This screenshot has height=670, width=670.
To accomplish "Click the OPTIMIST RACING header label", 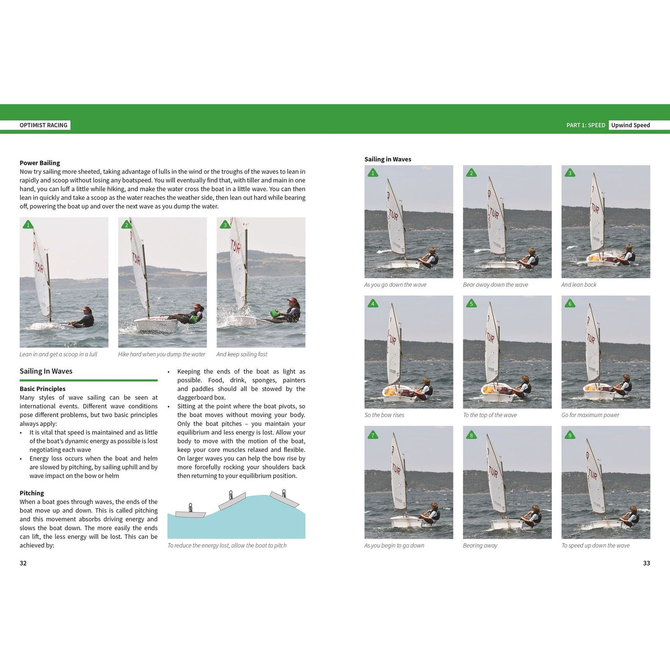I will coord(44,125).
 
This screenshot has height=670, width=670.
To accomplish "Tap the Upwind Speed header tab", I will coord(630,125).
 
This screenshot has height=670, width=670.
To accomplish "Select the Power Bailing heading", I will coord(40,163).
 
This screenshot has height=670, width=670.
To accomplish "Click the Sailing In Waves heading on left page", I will coord(46,371).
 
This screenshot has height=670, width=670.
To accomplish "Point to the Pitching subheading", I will coord(31,493).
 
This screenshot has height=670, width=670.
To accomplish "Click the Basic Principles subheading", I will coord(42,389).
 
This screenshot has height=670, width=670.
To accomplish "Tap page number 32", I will coord(23,563).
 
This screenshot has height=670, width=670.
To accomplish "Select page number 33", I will coord(646,563).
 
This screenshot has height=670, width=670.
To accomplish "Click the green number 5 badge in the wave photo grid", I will coord(471,304).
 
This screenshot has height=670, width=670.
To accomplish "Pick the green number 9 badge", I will coord(570,435).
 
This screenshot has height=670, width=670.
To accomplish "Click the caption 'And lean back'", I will coord(578,285).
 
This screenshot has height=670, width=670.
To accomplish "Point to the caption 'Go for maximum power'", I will coord(590,415).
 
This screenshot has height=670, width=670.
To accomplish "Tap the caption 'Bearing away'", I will coord(480,545).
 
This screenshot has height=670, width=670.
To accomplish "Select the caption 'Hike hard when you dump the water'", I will coord(161,354).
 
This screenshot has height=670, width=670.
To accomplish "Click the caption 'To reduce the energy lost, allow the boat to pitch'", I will coord(227,545).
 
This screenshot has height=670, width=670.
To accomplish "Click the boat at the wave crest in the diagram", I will coord(232,502).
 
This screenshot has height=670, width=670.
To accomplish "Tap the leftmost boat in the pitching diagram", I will coord(190,513).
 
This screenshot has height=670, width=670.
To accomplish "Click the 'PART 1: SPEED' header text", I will coord(586,125).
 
